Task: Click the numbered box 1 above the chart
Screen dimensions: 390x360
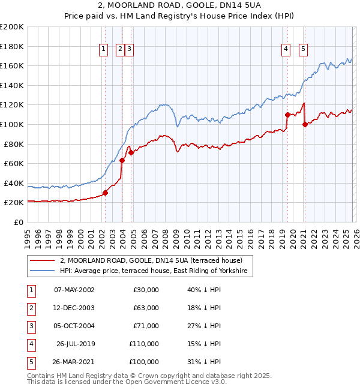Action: pyautogui.click(x=104, y=49)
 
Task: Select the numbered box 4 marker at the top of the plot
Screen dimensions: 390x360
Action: pyautogui.click(x=286, y=49)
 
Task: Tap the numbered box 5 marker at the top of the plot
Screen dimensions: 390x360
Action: pyautogui.click(x=303, y=49)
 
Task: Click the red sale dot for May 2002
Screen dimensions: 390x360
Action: pyautogui.click(x=105, y=193)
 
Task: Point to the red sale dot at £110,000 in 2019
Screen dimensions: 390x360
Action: pyautogui.click(x=288, y=115)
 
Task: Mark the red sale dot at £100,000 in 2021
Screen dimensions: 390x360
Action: pyautogui.click(x=305, y=124)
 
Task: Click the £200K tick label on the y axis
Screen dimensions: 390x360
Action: pyautogui.click(x=12, y=27)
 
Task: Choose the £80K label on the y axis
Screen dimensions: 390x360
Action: pyautogui.click(x=14, y=144)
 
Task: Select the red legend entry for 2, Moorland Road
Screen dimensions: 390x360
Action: pyautogui.click(x=151, y=260)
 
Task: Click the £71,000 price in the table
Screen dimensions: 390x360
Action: pyautogui.click(x=146, y=326)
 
